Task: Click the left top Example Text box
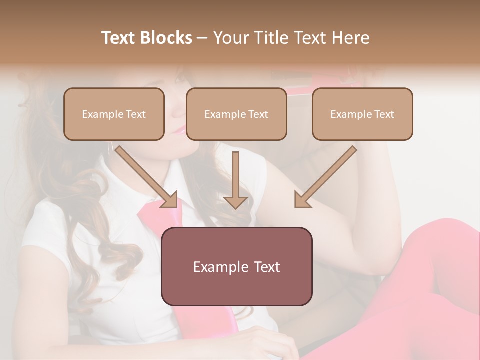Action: click(x=114, y=114)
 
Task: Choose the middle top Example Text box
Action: click(x=236, y=114)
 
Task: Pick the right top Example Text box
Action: click(x=362, y=114)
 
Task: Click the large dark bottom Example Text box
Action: click(x=236, y=266)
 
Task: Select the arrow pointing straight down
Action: click(x=235, y=180)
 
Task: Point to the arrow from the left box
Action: click(x=145, y=175)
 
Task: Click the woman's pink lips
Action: click(x=178, y=131)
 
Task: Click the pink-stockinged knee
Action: click(x=440, y=240)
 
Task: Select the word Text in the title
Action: click(x=120, y=38)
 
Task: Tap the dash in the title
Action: click(x=202, y=38)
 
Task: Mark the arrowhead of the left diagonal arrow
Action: click(x=170, y=200)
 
